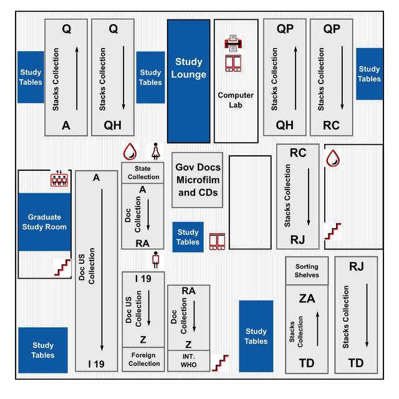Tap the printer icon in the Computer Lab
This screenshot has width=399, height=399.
(x=234, y=43)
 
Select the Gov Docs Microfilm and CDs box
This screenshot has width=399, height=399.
(x=197, y=180)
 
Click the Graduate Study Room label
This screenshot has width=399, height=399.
(x=44, y=222)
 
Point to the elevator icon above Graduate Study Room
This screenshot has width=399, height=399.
(x=59, y=179)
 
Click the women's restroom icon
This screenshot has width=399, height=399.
(x=155, y=151)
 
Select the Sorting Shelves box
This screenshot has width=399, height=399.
(x=307, y=271)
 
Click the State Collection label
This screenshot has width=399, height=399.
(x=143, y=173)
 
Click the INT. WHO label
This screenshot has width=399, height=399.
(x=188, y=360)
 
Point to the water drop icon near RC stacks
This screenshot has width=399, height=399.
(x=334, y=158)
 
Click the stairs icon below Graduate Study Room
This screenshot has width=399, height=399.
(x=62, y=267)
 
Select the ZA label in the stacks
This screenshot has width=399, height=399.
(x=307, y=299)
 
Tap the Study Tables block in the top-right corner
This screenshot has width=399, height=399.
(x=369, y=74)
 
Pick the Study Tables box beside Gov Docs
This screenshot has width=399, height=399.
(x=188, y=237)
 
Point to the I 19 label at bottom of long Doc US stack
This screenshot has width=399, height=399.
(x=97, y=363)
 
